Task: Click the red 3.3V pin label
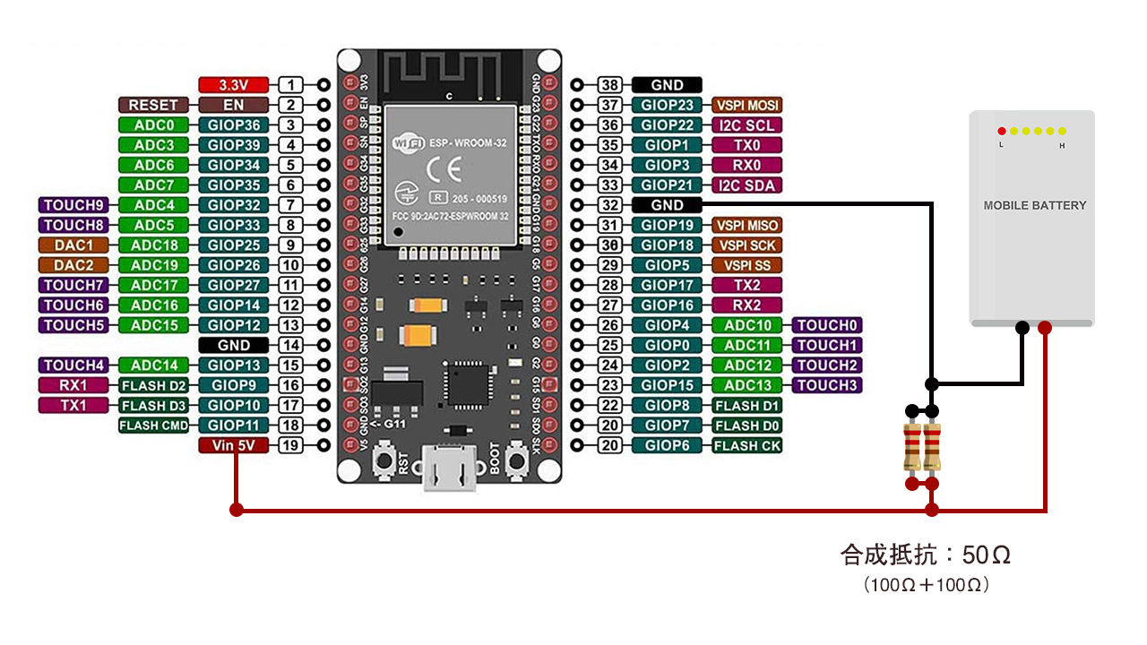pos(233,85)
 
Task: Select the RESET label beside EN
pos(153,106)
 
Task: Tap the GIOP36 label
pos(233,125)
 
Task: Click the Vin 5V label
pos(233,445)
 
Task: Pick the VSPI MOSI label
pos(746,106)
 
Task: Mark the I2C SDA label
pos(746,185)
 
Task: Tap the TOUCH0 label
pos(826,325)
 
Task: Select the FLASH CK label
pos(746,445)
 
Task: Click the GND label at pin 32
pos(667,205)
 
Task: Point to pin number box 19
pos(290,445)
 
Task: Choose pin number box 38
pos(610,85)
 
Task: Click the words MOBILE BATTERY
pos(1034,205)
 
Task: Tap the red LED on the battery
pos(1002,131)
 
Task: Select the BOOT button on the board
pos(517,461)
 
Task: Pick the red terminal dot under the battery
pos(1044,328)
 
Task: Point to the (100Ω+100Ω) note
pos(927,586)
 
